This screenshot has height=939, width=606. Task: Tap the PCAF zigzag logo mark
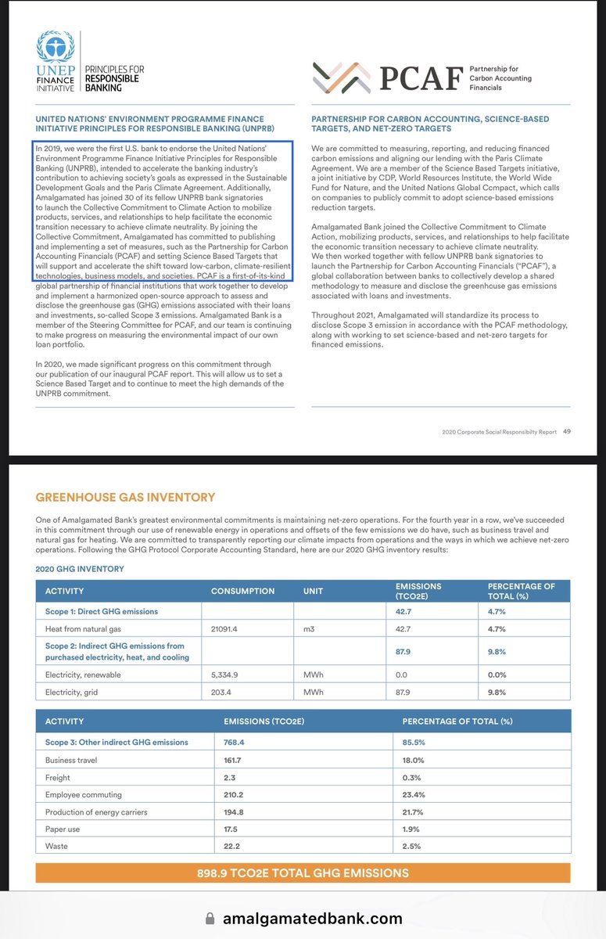(x=341, y=77)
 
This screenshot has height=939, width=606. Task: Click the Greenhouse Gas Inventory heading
(x=125, y=498)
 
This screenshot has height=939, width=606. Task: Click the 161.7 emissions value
(x=236, y=760)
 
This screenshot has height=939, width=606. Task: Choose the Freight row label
(x=58, y=778)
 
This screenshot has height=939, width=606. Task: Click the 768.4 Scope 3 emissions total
(x=238, y=742)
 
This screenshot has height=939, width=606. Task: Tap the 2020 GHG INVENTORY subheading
(x=80, y=569)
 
